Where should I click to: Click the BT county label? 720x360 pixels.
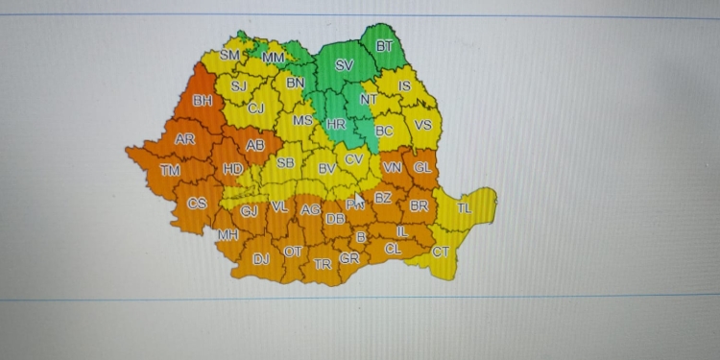click(x=384, y=45)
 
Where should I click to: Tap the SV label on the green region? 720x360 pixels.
click(x=344, y=66)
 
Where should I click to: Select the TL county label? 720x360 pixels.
click(x=464, y=208)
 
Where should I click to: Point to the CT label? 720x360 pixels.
click(x=440, y=252)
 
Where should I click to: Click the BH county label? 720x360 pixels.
click(x=203, y=100)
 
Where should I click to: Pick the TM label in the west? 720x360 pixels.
click(x=170, y=171)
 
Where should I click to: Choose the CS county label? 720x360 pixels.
click(x=197, y=203)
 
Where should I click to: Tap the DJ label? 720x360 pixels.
click(x=261, y=258)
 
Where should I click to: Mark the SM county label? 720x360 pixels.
click(x=229, y=55)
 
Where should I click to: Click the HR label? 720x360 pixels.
click(x=335, y=125)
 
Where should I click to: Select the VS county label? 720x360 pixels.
click(x=422, y=125)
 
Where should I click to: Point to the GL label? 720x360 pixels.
click(x=421, y=166)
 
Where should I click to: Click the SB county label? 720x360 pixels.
click(x=285, y=162)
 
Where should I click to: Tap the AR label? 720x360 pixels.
click(x=185, y=139)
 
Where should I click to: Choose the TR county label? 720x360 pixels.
click(x=323, y=263)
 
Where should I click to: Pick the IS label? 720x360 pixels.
click(x=404, y=86)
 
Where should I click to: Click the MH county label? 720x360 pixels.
click(x=228, y=234)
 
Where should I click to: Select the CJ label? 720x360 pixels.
click(x=255, y=108)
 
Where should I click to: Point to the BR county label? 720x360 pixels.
click(x=419, y=205)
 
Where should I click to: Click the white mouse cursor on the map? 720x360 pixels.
click(x=358, y=199)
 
